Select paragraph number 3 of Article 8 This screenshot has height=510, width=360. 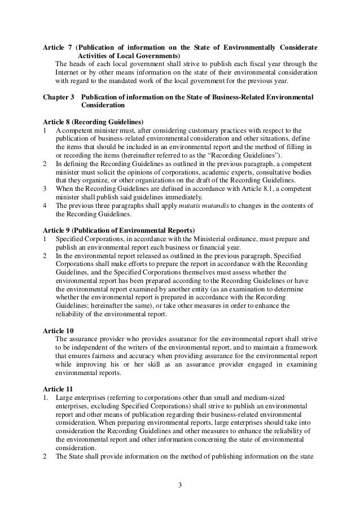coord(45,189)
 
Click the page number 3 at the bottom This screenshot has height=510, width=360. coord(180,484)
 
